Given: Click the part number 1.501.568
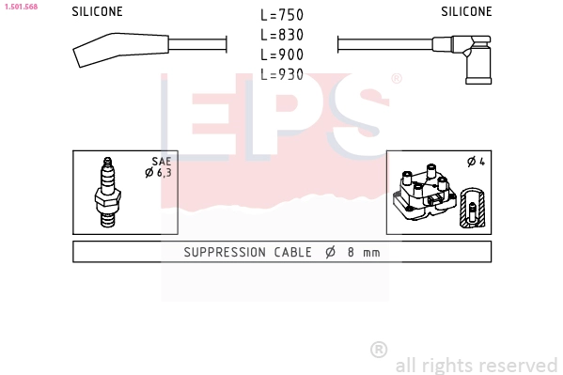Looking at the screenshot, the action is coord(21,7).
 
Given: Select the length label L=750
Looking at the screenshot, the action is coord(282,15).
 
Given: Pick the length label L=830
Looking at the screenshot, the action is coord(282,35).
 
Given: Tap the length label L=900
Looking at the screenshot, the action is coord(282,55).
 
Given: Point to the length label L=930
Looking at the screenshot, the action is coord(282,74).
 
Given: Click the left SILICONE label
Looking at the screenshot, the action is coord(97,11).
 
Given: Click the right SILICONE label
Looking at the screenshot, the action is coord(466,11).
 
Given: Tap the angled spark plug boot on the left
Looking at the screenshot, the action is coord(120,49).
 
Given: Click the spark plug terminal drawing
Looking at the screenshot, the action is coord(108,193).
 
